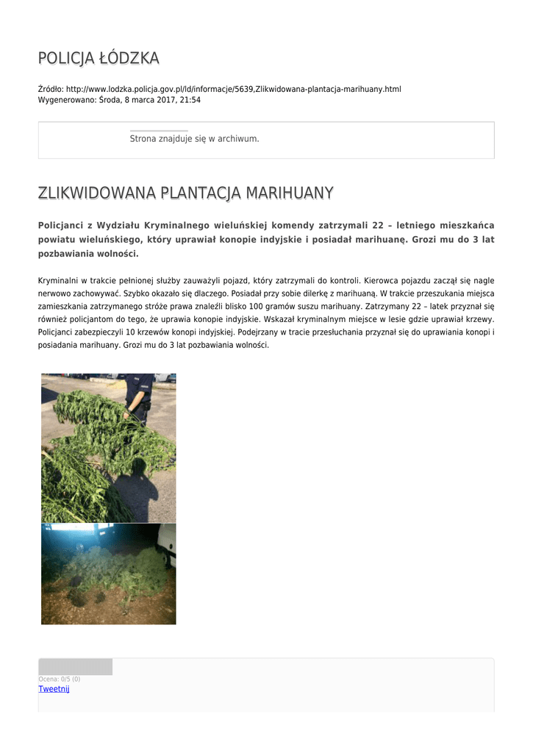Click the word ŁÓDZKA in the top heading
click(130, 58)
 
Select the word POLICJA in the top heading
click(67, 58)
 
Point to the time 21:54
click(190, 100)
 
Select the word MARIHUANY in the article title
click(289, 193)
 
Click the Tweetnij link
click(54, 689)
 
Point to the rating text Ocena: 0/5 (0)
click(60, 679)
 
